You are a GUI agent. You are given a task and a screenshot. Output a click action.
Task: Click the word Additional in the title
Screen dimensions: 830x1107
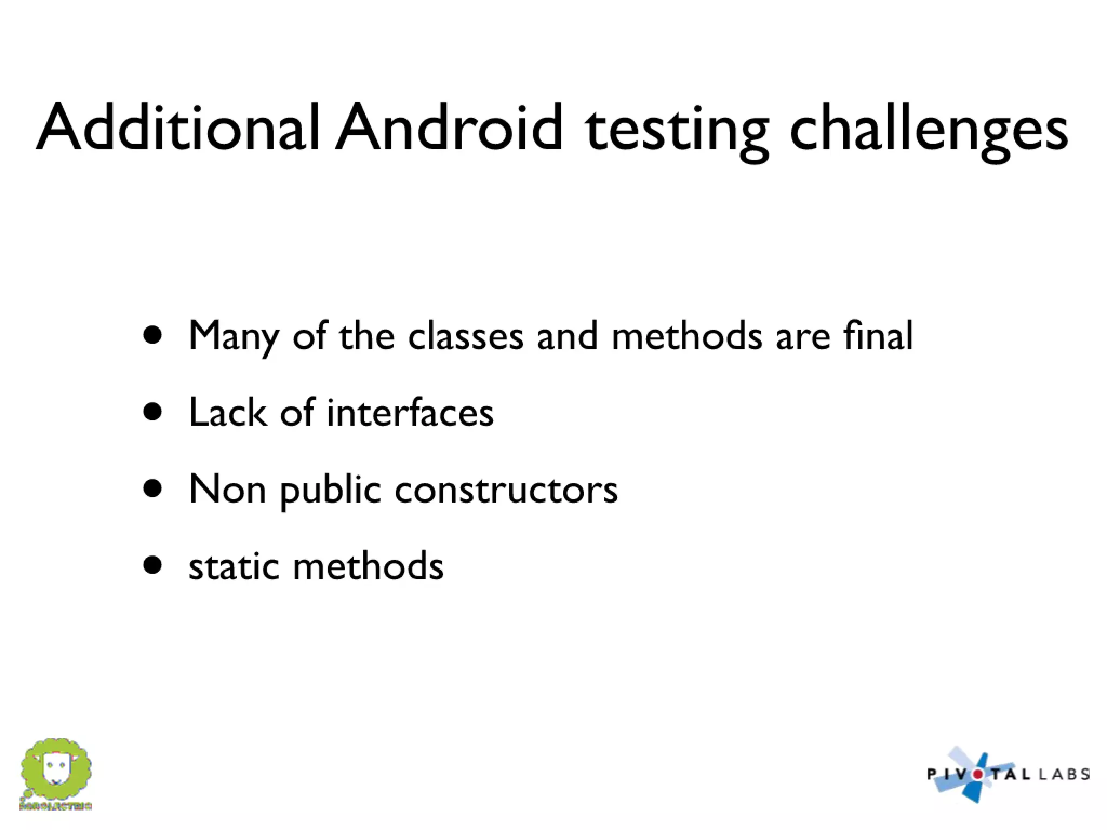(x=178, y=128)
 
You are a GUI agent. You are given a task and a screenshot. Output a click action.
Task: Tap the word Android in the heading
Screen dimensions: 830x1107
(x=449, y=128)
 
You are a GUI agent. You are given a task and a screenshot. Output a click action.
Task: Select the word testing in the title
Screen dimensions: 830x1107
(x=676, y=130)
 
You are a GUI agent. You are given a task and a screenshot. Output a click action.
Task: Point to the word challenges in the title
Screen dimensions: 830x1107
(x=929, y=130)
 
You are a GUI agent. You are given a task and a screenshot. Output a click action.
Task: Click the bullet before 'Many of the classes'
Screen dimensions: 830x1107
(x=153, y=335)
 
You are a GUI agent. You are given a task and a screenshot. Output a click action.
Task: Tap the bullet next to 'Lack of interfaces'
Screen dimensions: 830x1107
(x=153, y=412)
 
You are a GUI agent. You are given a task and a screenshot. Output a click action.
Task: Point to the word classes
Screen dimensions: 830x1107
(x=465, y=336)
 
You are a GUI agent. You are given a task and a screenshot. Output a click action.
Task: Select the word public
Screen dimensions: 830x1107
(x=330, y=491)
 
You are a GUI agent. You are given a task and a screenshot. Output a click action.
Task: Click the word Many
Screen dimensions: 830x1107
(x=234, y=336)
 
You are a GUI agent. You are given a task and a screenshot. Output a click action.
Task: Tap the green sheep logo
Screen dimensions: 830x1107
(x=56, y=770)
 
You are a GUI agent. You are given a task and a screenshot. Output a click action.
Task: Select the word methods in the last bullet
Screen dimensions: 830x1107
(x=368, y=567)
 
